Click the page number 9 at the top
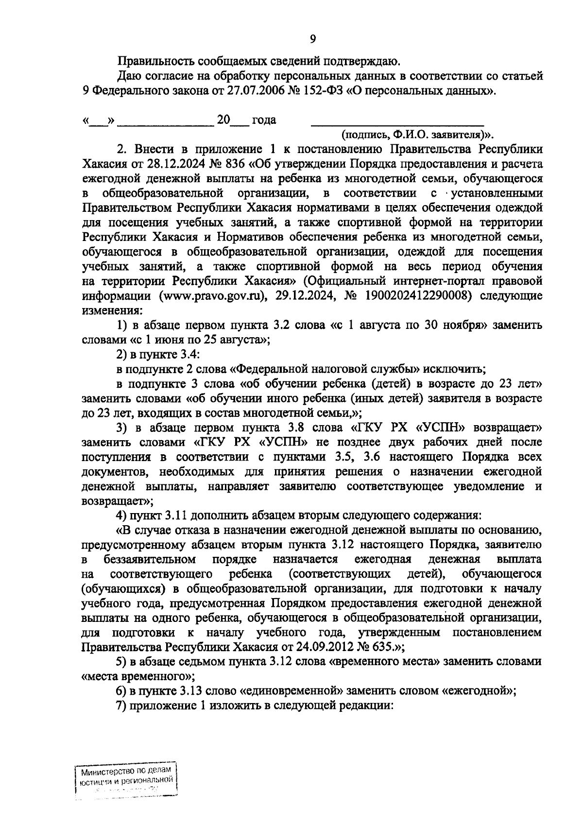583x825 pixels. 313,39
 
